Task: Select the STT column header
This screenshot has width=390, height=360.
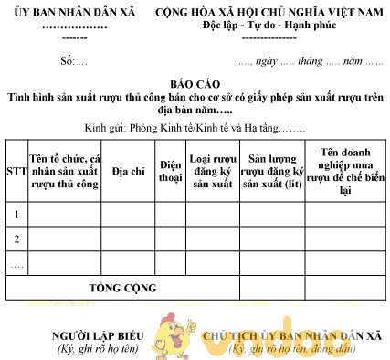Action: coord(16,172)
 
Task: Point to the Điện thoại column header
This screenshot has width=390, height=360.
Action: coord(170,171)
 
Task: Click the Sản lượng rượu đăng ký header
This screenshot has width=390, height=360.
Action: coord(272,171)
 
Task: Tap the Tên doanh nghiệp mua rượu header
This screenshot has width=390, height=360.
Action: coord(344,171)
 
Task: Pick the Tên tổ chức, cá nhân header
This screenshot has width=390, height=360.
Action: coord(64,171)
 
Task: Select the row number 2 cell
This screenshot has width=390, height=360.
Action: coord(16,238)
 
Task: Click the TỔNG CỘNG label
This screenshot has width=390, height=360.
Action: coord(122,288)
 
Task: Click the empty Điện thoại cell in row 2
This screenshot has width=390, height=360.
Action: coord(170,238)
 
